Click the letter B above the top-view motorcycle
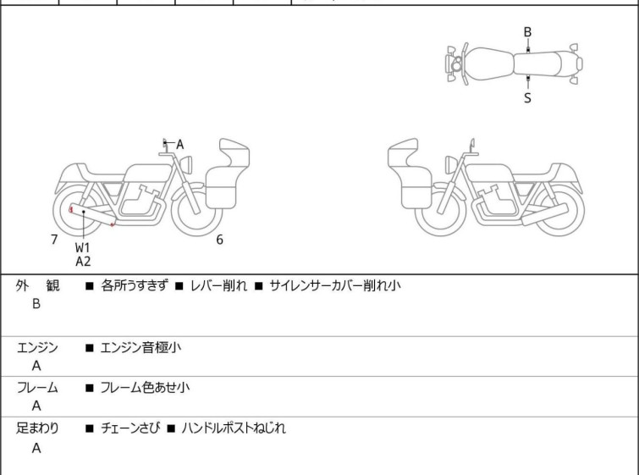527,32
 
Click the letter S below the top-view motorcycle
527,97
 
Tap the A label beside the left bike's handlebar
179,145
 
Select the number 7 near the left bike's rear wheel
54,240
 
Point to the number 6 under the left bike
219,240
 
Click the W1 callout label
83,247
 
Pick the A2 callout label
83,262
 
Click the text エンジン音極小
140,347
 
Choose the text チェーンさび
128,428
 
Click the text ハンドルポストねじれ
234,428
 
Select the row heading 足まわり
37,428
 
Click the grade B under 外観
36,304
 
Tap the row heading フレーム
37,388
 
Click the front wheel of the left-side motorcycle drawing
196,211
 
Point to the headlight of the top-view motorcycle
455,64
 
